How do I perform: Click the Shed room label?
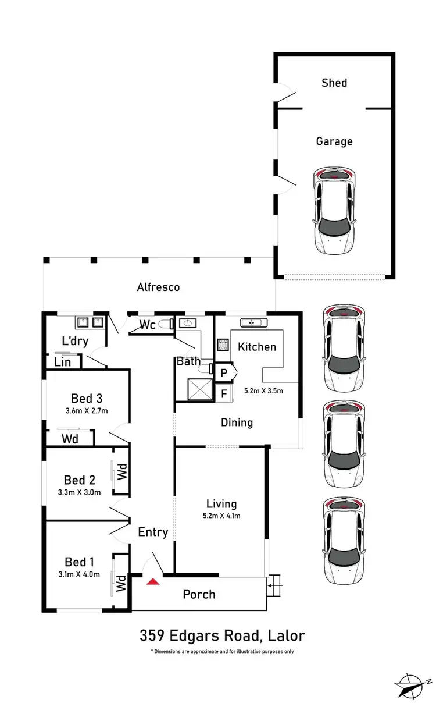(x=334, y=83)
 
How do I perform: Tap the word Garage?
(x=334, y=141)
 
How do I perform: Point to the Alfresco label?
(x=158, y=287)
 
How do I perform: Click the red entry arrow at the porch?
(x=153, y=581)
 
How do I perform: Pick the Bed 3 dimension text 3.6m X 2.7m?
(x=87, y=411)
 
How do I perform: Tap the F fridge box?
(x=224, y=393)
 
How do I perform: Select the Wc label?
(x=148, y=325)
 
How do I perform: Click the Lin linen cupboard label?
(x=63, y=362)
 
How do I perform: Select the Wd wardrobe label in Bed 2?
(x=122, y=471)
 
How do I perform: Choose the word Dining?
(x=237, y=422)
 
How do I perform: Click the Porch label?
(x=199, y=594)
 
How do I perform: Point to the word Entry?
(x=153, y=532)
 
